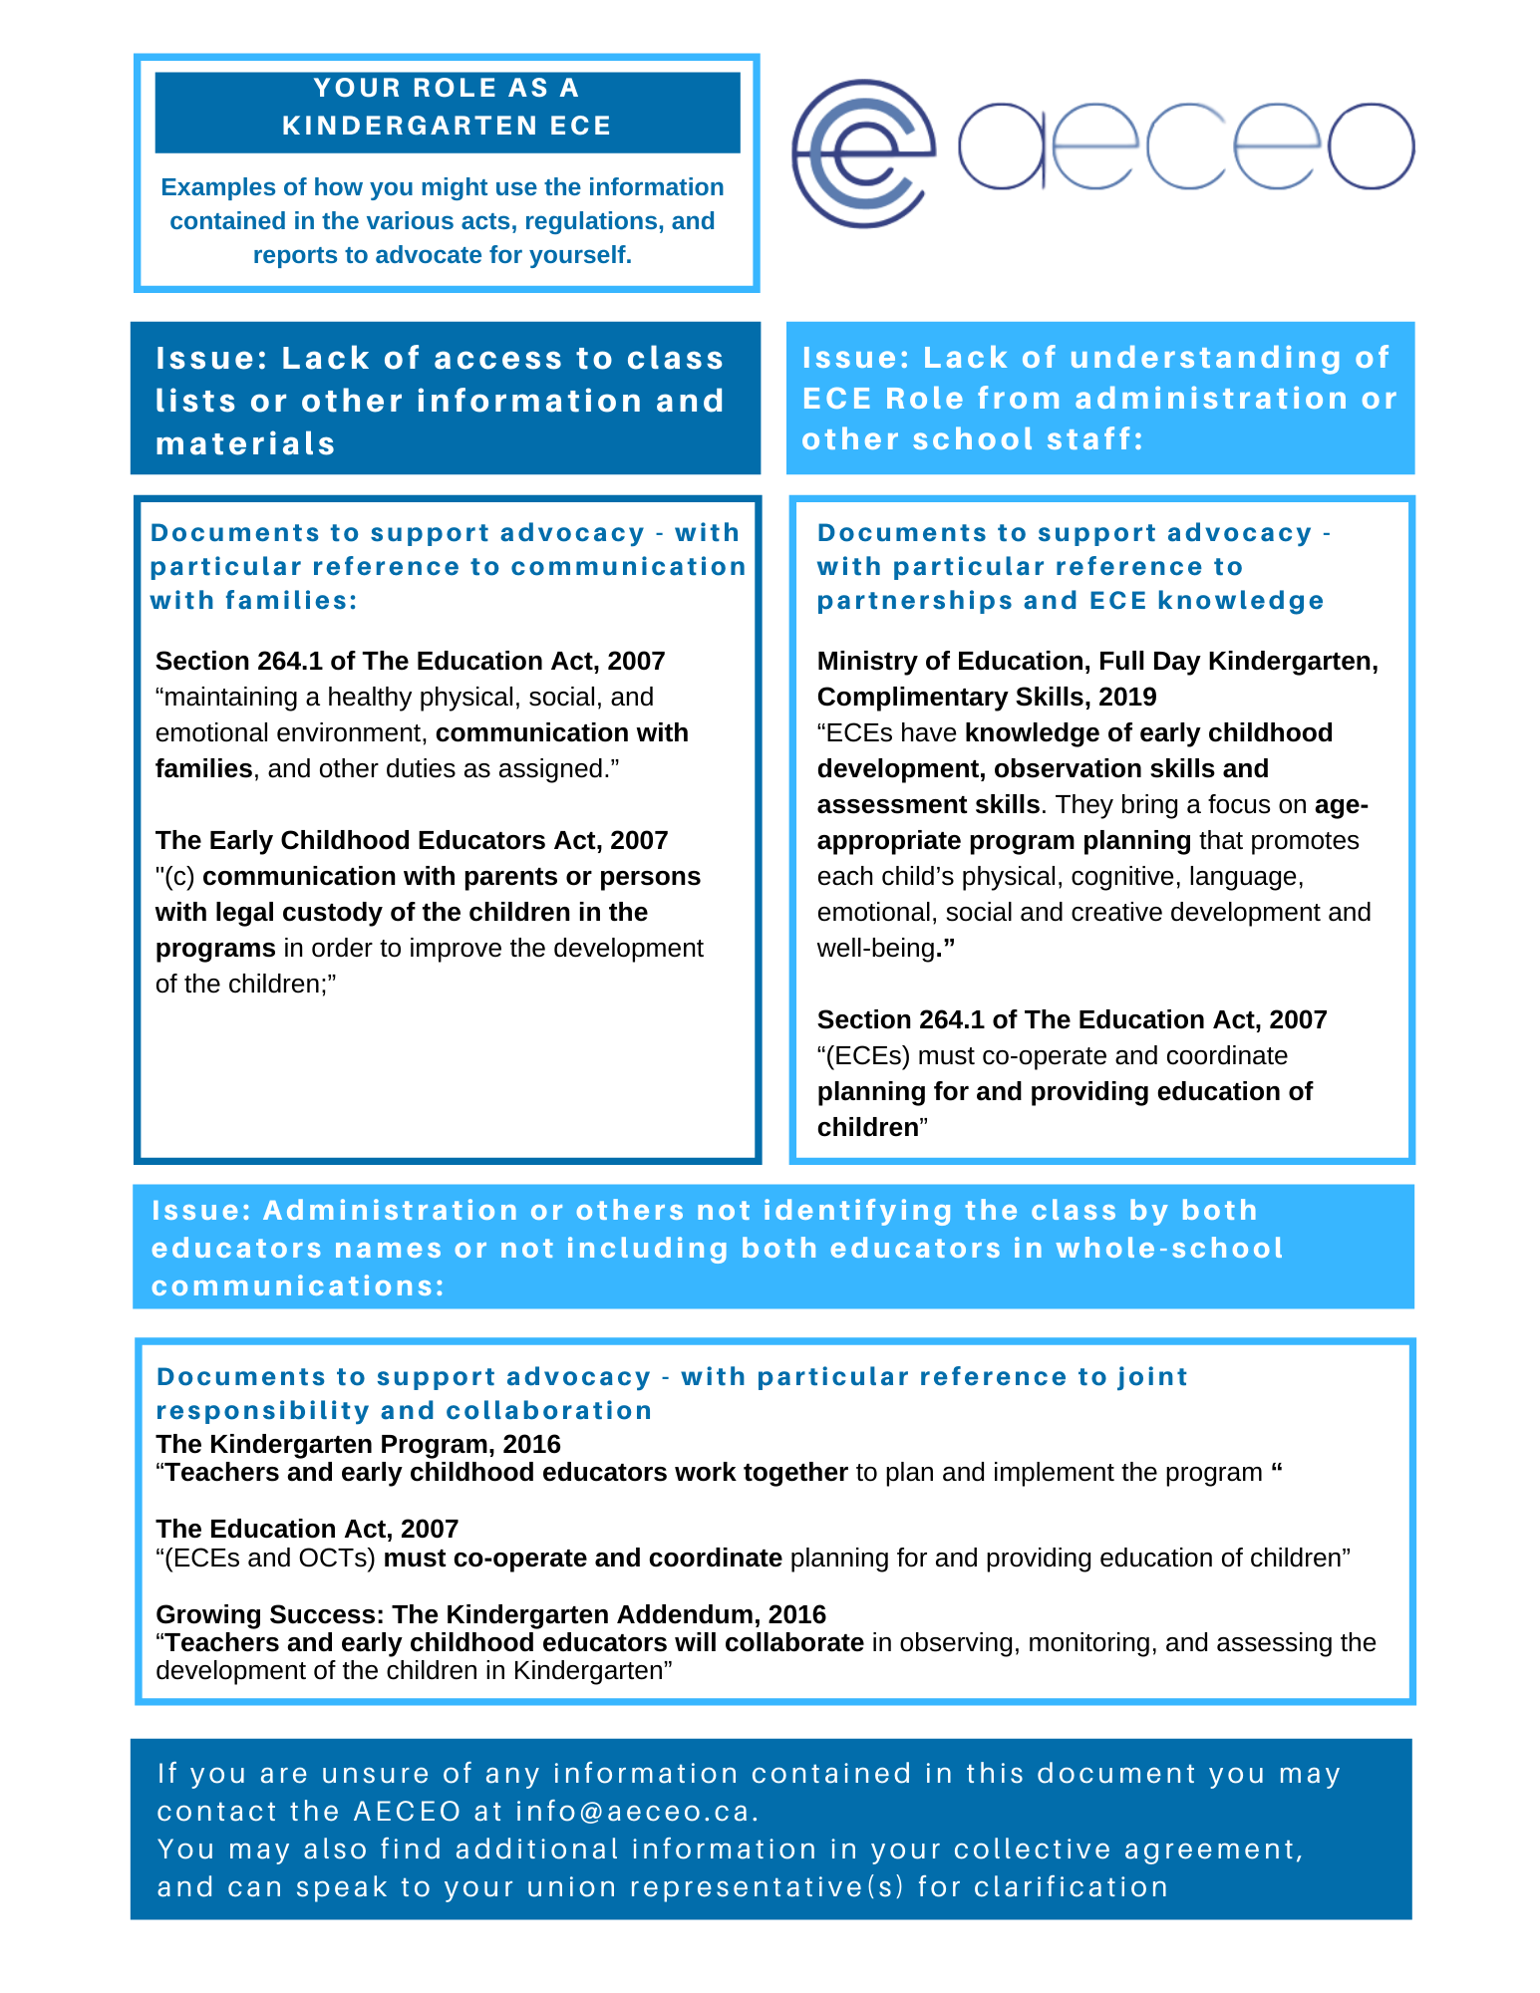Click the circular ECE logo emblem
coord(863,152)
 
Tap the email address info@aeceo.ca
coord(636,1811)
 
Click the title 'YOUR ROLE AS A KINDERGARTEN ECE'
coord(447,107)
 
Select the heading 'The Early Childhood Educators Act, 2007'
coord(412,840)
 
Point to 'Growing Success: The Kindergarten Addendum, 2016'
coord(490,1614)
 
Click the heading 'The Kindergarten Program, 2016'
coord(358,1444)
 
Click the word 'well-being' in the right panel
coord(875,948)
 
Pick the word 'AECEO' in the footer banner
coord(408,1811)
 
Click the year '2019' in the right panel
coord(1128,697)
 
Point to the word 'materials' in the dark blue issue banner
coord(246,443)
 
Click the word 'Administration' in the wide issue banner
coord(391,1210)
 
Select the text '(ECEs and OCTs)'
coord(266,1558)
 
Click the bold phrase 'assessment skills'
coord(928,804)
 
